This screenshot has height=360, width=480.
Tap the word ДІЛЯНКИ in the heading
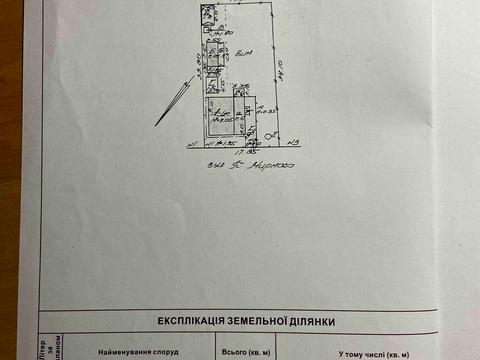pos(312,321)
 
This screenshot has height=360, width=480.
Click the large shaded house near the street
pos(223,117)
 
